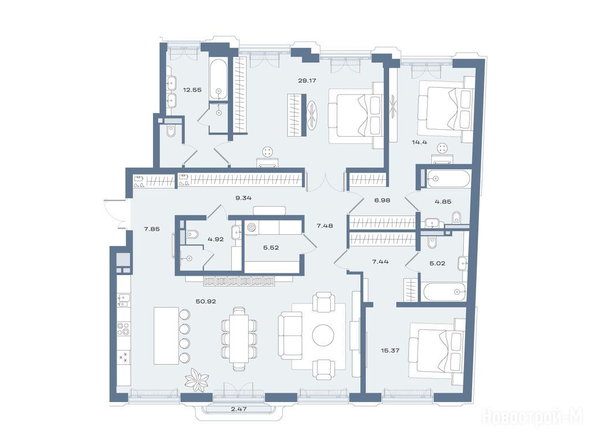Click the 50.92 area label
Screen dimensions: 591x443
206,301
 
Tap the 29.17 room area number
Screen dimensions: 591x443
307,80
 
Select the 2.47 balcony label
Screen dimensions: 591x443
238,409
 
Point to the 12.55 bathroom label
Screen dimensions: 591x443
192,89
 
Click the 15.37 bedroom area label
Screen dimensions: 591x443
390,350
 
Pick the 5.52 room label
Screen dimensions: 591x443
271,248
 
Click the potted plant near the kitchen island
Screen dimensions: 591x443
196,380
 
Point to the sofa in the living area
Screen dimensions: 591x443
290,336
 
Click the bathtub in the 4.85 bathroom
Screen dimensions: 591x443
448,179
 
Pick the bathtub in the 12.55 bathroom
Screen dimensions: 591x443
219,79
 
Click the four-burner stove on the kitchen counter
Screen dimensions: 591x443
124,328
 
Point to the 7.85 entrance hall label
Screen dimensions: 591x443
152,228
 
